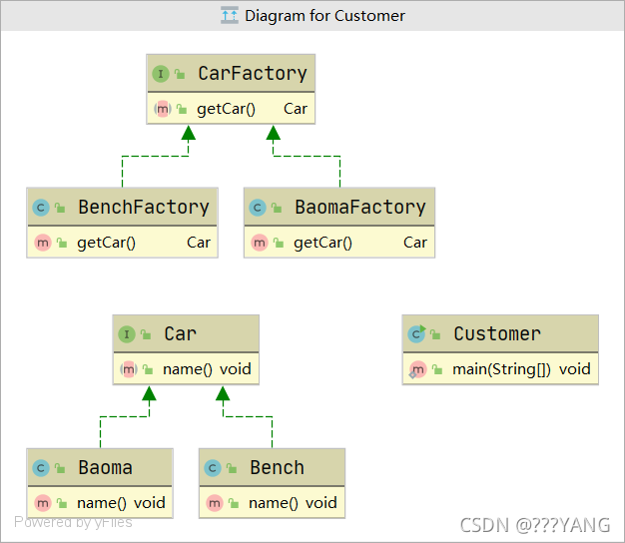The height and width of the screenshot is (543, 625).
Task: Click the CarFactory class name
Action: [x=253, y=73]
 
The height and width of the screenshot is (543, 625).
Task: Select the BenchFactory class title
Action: [x=144, y=208]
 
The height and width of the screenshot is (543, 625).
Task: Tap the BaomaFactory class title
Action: [x=360, y=208]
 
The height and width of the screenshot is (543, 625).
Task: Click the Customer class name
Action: [x=497, y=333]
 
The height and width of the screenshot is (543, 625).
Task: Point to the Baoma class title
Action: [x=105, y=468]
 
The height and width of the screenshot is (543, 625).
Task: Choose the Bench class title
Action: [x=277, y=468]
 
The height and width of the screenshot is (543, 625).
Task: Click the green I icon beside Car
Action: [x=127, y=334]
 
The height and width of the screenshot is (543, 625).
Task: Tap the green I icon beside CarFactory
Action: [x=161, y=74]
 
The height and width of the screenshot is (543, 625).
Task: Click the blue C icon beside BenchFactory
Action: [x=41, y=208]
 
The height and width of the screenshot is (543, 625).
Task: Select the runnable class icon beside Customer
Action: [x=416, y=333]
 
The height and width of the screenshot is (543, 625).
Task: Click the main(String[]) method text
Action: [x=501, y=369]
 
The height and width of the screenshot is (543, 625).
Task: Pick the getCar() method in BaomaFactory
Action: [x=322, y=243]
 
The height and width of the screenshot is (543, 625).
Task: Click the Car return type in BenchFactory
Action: [x=199, y=243]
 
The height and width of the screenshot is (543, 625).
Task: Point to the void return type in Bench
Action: [x=321, y=503]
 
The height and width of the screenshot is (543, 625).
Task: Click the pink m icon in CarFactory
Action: [x=162, y=109]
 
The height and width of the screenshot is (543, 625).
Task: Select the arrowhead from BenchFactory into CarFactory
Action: [x=188, y=133]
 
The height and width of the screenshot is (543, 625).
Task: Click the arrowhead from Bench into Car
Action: [x=223, y=393]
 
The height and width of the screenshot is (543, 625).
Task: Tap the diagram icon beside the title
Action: [x=230, y=16]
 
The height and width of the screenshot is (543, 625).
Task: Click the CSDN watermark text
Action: [x=535, y=525]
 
